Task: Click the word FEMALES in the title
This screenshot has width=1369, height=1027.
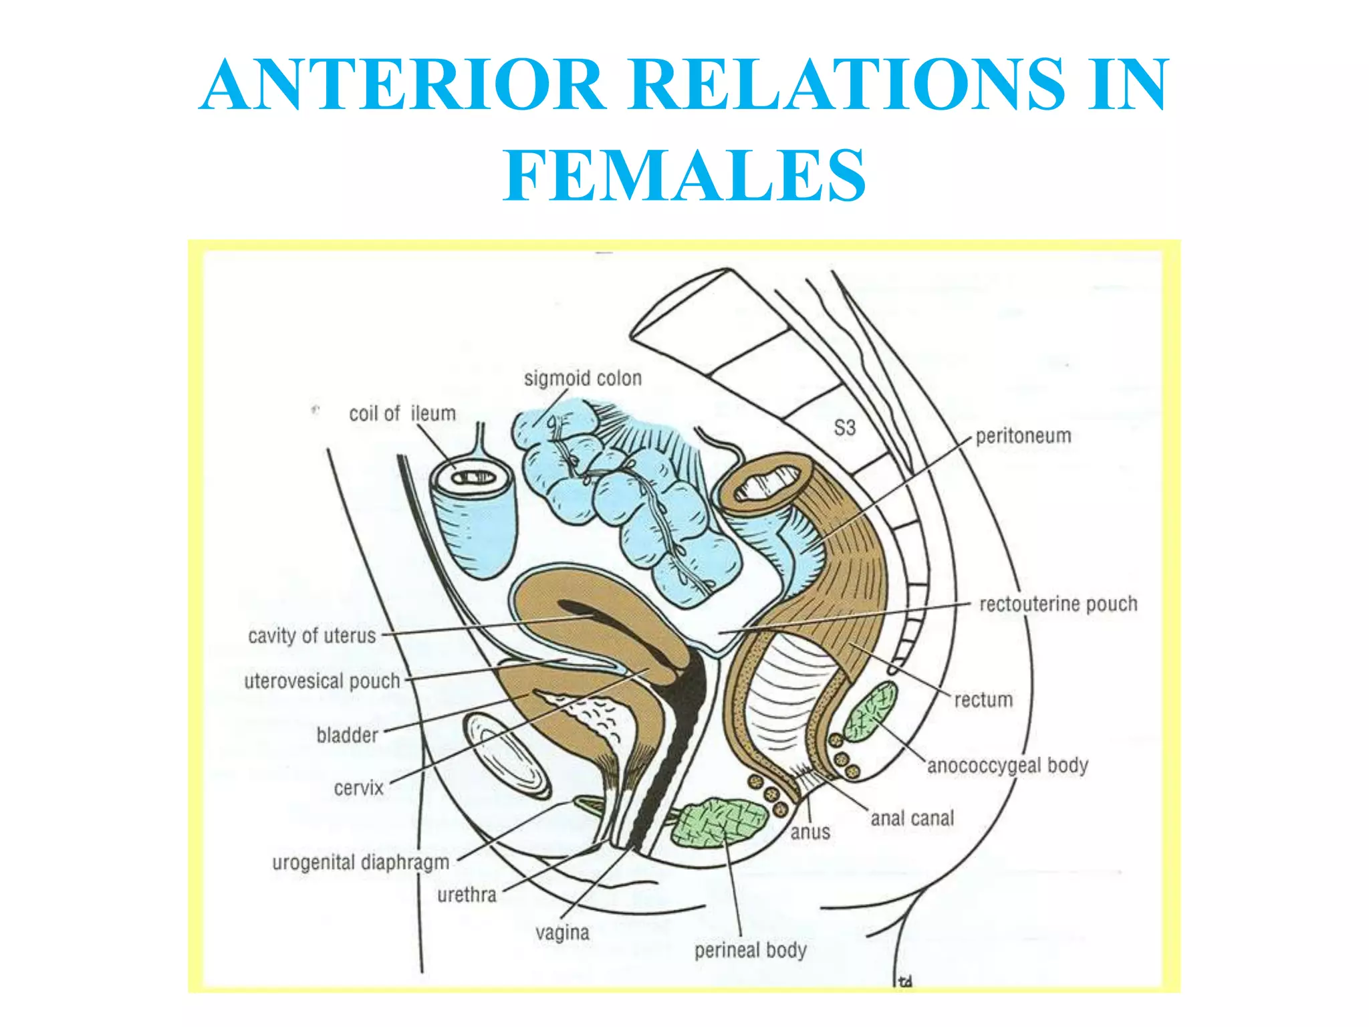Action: click(x=684, y=176)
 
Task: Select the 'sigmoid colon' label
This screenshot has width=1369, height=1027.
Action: click(x=582, y=378)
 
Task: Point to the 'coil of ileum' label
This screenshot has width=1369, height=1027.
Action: click(x=402, y=414)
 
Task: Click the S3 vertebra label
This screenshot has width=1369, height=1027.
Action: click(x=844, y=428)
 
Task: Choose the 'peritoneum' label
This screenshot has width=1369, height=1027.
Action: click(x=1023, y=436)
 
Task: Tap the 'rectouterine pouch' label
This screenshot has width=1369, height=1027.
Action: click(x=1057, y=604)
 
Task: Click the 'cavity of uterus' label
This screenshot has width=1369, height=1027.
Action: click(x=312, y=635)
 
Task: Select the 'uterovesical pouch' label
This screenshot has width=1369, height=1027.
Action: click(x=322, y=681)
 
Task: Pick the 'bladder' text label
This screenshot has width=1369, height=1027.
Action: click(x=347, y=735)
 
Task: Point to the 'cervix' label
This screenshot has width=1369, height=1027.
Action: click(x=358, y=788)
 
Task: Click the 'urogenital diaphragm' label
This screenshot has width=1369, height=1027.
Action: click(x=360, y=863)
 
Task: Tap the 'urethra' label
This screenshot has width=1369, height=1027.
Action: click(x=467, y=895)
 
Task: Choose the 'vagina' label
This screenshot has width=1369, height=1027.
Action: click(x=562, y=932)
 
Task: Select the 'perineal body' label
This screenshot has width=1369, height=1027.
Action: click(x=750, y=950)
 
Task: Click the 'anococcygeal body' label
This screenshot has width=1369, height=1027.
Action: click(x=1007, y=766)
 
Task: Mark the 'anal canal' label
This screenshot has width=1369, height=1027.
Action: click(x=912, y=818)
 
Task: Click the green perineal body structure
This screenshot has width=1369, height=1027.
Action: click(x=719, y=822)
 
